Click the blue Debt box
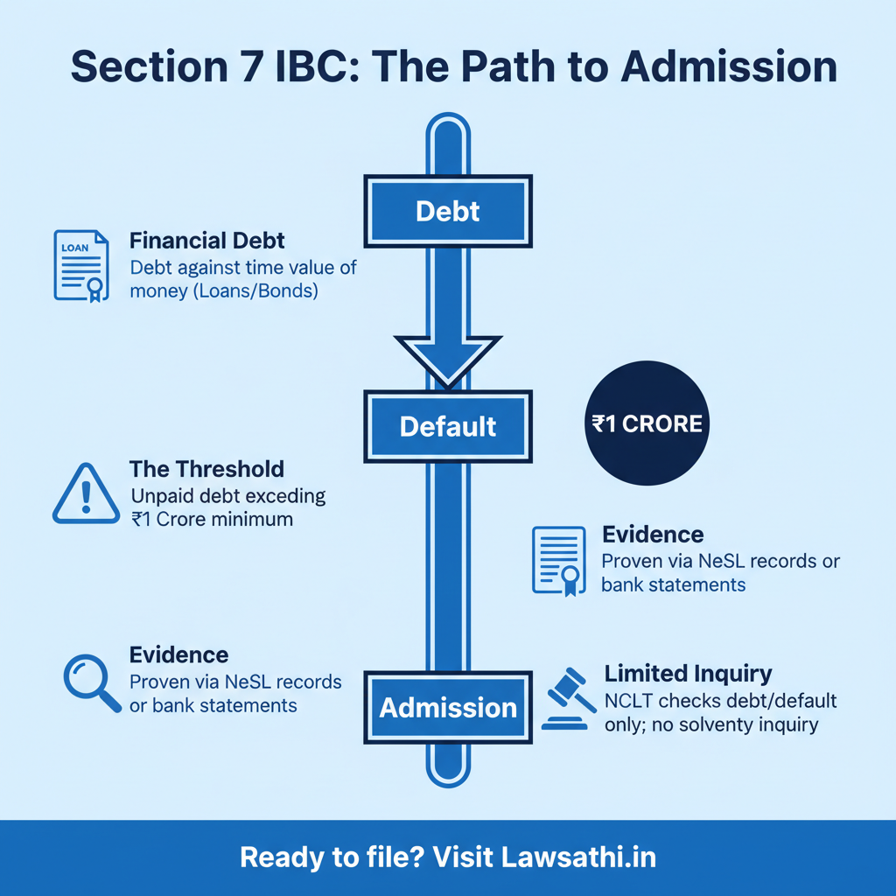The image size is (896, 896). pos(448,211)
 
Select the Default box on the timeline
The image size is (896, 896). pos(448,427)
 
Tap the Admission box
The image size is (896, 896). pos(448,707)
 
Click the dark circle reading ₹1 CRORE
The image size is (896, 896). pos(647,424)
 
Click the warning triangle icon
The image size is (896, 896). pos(86,496)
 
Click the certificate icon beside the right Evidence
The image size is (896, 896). pos(558,561)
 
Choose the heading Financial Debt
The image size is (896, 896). pos(206,241)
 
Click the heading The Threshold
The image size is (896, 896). pos(206,469)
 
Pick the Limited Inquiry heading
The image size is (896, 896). pos(688,673)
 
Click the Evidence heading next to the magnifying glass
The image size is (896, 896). pos(178,654)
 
